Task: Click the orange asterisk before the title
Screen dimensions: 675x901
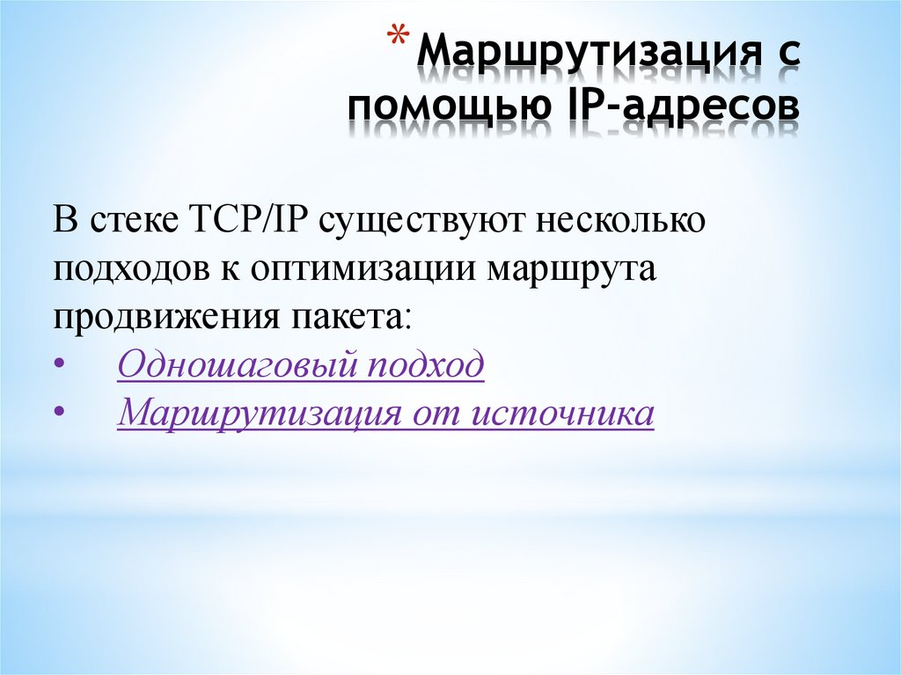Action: [x=399, y=40]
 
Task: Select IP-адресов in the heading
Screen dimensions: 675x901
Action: [x=678, y=106]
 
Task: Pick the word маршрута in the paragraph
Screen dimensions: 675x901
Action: [x=573, y=268]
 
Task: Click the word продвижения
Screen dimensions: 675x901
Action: [x=165, y=315]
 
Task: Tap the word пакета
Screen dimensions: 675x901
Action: [x=348, y=315]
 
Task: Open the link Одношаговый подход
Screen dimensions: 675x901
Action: [x=300, y=363]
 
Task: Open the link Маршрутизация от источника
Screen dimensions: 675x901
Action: [x=385, y=412]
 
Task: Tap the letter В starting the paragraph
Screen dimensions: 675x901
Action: [x=67, y=220]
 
